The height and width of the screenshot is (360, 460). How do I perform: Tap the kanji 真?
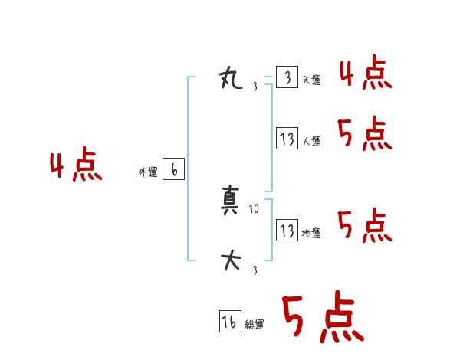pyautogui.click(x=232, y=205)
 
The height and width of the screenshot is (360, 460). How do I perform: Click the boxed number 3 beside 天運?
pyautogui.click(x=287, y=77)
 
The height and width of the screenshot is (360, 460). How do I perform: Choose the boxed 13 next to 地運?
pyautogui.click(x=287, y=230)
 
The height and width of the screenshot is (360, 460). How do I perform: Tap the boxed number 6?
pyautogui.click(x=173, y=170)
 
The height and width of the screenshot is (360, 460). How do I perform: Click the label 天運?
pyautogui.click(x=311, y=80)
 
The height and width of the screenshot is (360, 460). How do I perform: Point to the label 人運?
pyautogui.click(x=312, y=142)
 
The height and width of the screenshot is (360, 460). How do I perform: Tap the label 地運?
pyautogui.click(x=311, y=233)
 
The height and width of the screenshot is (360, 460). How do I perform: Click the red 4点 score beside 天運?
pyautogui.click(x=365, y=75)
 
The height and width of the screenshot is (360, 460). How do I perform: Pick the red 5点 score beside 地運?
pyautogui.click(x=365, y=225)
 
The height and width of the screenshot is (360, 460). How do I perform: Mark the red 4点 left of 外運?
pyautogui.click(x=76, y=167)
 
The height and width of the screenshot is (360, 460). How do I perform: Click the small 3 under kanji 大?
pyautogui.click(x=255, y=269)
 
